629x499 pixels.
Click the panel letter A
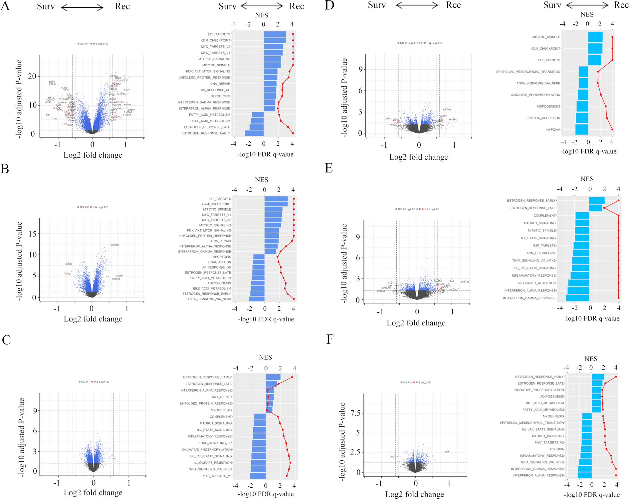[x=5, y=6]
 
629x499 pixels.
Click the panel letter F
[x=329, y=340]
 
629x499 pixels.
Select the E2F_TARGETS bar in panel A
[x=275, y=34]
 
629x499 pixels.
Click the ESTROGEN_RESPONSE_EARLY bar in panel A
[x=254, y=133]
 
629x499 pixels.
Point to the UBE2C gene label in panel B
[x=114, y=245]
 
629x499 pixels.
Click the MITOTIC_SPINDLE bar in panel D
[x=595, y=37]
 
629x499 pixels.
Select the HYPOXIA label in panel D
[x=553, y=130]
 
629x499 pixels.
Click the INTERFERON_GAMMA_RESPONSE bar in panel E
[x=577, y=298]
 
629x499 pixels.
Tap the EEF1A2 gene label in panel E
[x=465, y=282]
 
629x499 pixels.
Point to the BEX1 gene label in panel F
[x=447, y=452]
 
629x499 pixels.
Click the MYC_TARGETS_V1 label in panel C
[x=217, y=476]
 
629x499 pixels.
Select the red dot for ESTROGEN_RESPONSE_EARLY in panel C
[x=292, y=377]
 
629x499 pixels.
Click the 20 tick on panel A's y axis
[x=32, y=77]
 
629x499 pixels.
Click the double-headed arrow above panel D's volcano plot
[x=417, y=5]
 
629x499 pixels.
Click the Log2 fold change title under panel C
[x=93, y=493]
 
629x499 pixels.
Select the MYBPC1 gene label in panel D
[x=453, y=119]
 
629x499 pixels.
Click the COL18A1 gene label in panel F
[x=394, y=457]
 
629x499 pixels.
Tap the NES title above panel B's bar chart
[x=261, y=180]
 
